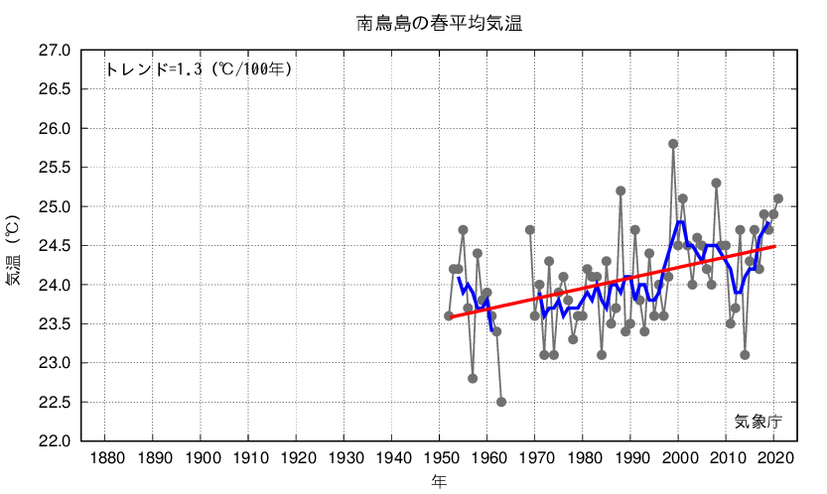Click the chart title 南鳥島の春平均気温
439,22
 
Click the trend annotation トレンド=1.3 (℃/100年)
198,69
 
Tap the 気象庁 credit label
758,421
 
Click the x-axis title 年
439,481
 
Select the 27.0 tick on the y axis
56,51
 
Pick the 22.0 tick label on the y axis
56,441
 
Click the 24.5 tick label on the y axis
56,246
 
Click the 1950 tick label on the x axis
440,458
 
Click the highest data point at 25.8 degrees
673,144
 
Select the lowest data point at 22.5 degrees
501,402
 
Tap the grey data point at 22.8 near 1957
473,378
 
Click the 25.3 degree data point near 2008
716,183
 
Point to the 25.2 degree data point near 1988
620,190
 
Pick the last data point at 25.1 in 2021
778,198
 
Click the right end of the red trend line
774,247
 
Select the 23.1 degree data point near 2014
745,355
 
